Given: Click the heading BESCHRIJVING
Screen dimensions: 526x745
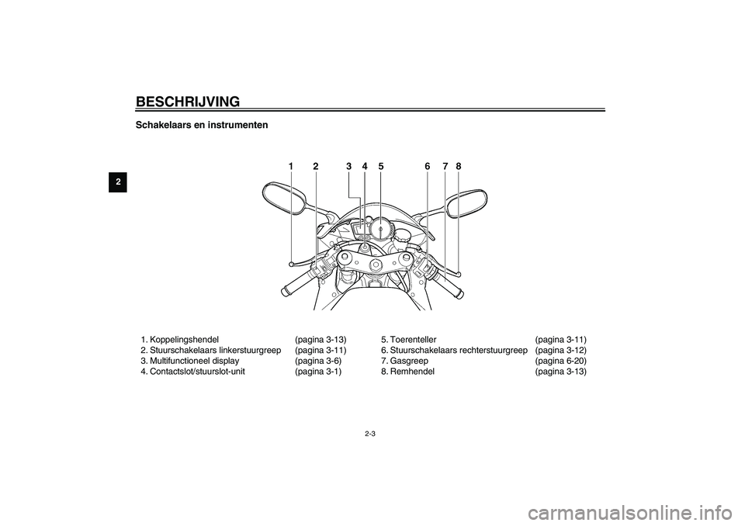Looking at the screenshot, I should pyautogui.click(x=188, y=102).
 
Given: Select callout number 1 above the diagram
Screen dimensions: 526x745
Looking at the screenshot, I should pyautogui.click(x=290, y=166).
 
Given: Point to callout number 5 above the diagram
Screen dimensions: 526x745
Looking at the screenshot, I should pyautogui.click(x=381, y=166).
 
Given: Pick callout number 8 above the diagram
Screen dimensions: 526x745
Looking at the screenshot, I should pyautogui.click(x=459, y=166).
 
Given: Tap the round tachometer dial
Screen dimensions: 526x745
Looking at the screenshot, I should pyautogui.click(x=381, y=229).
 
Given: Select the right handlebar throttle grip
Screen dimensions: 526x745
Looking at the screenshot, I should pyautogui.click(x=449, y=285).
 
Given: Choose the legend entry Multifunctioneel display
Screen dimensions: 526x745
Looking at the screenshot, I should pyautogui.click(x=194, y=361).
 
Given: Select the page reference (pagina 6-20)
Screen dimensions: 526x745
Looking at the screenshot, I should pyautogui.click(x=561, y=361).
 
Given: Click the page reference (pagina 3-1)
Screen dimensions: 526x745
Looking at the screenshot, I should pyautogui.click(x=318, y=372).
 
